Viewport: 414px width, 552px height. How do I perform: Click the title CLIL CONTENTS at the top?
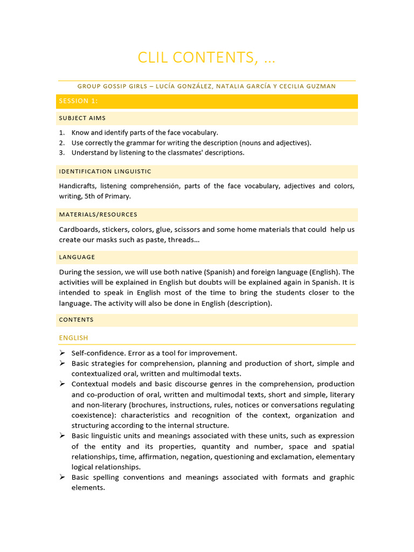click(206, 57)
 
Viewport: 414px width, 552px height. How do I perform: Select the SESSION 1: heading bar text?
click(78, 101)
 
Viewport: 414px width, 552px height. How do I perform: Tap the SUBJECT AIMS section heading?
click(82, 118)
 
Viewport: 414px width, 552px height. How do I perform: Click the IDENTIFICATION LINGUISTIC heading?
click(105, 171)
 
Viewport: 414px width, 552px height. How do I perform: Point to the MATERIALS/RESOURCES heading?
click(98, 215)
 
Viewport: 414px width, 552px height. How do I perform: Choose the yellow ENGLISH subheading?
click(73, 338)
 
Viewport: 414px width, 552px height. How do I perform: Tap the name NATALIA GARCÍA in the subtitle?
click(240, 86)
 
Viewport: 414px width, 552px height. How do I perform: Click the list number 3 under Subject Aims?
click(61, 153)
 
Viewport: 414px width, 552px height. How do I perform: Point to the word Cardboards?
click(79, 229)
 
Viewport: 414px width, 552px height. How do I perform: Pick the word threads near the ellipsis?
click(182, 239)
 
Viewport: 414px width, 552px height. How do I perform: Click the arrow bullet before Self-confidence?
click(62, 353)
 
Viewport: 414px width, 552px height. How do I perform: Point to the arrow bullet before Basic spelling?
click(62, 478)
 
